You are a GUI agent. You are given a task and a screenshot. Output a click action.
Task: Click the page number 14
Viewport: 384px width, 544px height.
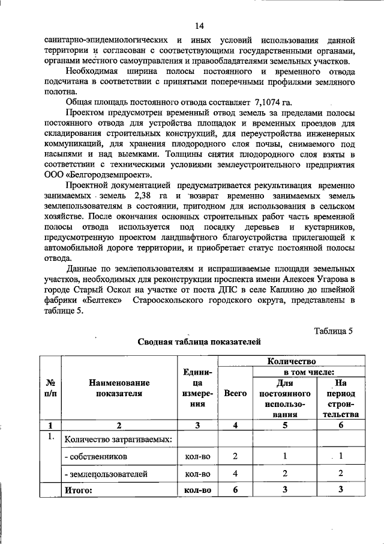(x=199, y=26)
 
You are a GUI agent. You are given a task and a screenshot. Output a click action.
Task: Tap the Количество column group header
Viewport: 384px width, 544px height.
(x=290, y=361)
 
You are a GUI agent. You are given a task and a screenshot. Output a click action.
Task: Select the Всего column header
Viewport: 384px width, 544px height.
(x=235, y=393)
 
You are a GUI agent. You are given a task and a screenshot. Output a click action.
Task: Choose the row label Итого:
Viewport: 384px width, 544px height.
(x=79, y=491)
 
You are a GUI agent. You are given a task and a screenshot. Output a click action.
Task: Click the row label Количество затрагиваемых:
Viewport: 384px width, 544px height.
(x=118, y=439)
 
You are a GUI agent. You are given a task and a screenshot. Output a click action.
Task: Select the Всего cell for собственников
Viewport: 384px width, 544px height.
(x=235, y=457)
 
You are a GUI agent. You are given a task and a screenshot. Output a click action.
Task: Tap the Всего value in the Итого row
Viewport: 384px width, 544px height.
(x=235, y=491)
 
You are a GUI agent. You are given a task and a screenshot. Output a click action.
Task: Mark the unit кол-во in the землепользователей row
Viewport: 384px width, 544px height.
(x=197, y=474)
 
